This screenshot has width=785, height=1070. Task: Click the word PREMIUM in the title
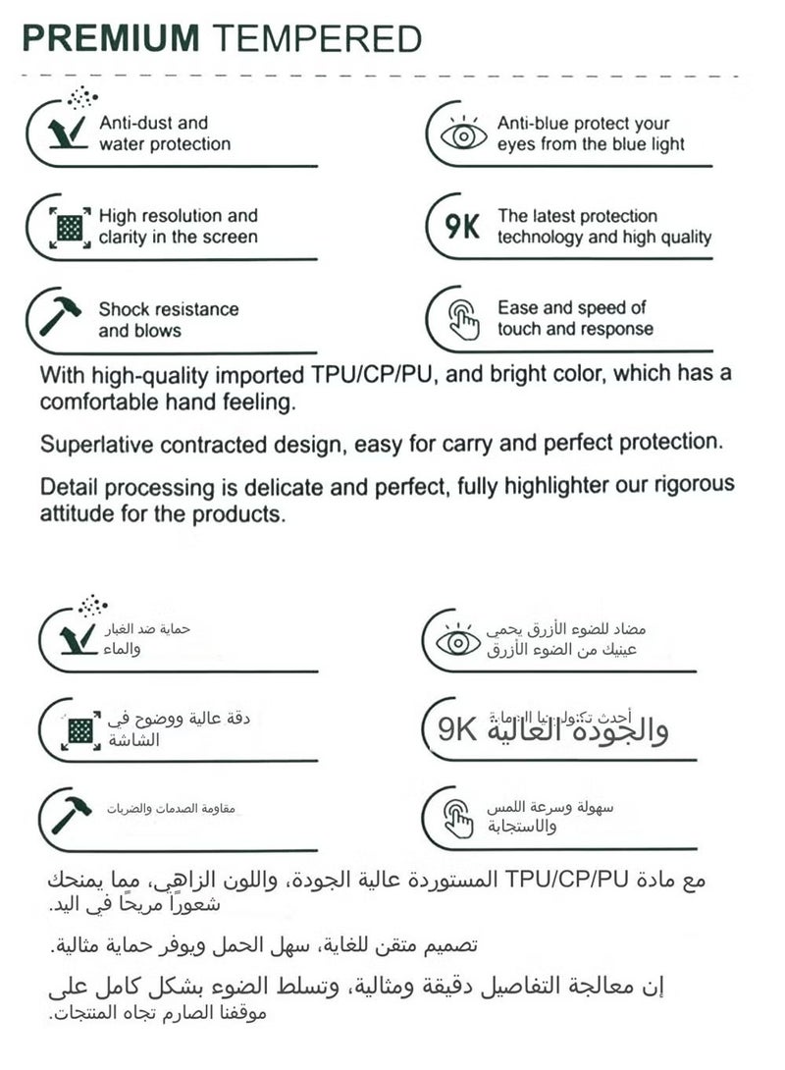click(111, 38)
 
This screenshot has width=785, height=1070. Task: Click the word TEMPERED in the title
click(317, 38)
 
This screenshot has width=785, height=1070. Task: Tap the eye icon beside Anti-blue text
click(463, 134)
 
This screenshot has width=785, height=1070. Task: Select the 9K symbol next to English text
click(462, 228)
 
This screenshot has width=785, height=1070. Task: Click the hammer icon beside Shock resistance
click(61, 316)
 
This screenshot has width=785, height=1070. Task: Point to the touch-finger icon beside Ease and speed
click(463, 320)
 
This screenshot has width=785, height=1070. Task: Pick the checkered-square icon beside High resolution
click(69, 227)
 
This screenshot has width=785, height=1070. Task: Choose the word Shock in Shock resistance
click(124, 309)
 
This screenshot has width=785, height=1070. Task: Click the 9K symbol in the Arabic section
click(456, 729)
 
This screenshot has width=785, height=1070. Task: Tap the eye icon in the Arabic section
click(457, 642)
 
